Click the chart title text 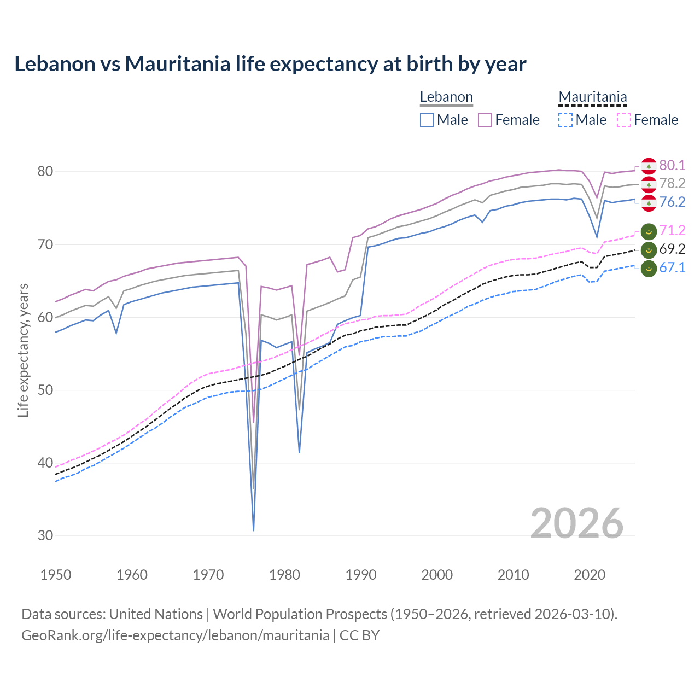270,64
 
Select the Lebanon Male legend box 427,120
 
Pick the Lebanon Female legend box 485,120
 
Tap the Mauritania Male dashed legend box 565,120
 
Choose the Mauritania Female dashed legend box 624,120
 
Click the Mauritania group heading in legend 592,97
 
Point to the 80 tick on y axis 45,171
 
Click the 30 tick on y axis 45,535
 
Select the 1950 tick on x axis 56,575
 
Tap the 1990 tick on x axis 361,575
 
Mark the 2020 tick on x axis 590,575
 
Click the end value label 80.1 672,165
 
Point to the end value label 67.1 672,267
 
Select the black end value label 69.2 672,249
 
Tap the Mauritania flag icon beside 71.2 649,231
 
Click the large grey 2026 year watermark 576,524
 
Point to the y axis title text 24,350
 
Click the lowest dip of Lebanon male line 254,529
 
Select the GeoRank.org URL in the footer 175,635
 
